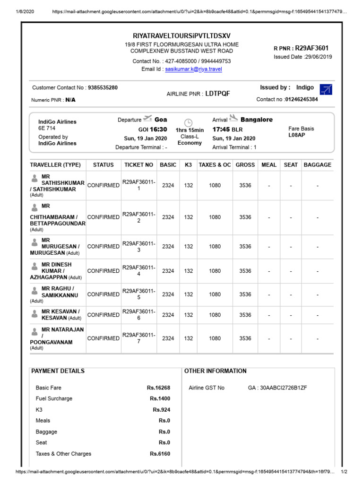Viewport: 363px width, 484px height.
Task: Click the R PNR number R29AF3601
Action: pos(311,48)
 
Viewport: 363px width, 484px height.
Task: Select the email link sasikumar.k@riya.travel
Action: pos(193,69)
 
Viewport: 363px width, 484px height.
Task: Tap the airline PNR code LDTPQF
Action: pos(217,94)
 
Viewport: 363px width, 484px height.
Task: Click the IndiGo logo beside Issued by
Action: pos(326,89)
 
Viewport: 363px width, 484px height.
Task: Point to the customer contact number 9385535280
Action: pos(103,87)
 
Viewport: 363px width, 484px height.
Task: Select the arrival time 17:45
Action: pos(221,129)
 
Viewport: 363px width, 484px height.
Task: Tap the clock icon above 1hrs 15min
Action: pos(188,122)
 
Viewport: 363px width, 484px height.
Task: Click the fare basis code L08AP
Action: pos(296,135)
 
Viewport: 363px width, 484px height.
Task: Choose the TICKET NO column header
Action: pos(138,165)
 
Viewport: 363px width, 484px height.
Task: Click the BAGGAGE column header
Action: pos(317,165)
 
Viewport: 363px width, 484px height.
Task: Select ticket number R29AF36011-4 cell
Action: pos(138,271)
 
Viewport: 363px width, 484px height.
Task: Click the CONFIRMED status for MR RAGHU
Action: pos(104,294)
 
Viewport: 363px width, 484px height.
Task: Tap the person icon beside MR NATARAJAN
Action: pos(35,331)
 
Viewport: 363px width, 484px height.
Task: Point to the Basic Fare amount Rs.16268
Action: pos(158,388)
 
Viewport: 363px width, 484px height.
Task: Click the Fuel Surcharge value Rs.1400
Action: pos(160,399)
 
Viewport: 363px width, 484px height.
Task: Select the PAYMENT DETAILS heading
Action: pos(58,371)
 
